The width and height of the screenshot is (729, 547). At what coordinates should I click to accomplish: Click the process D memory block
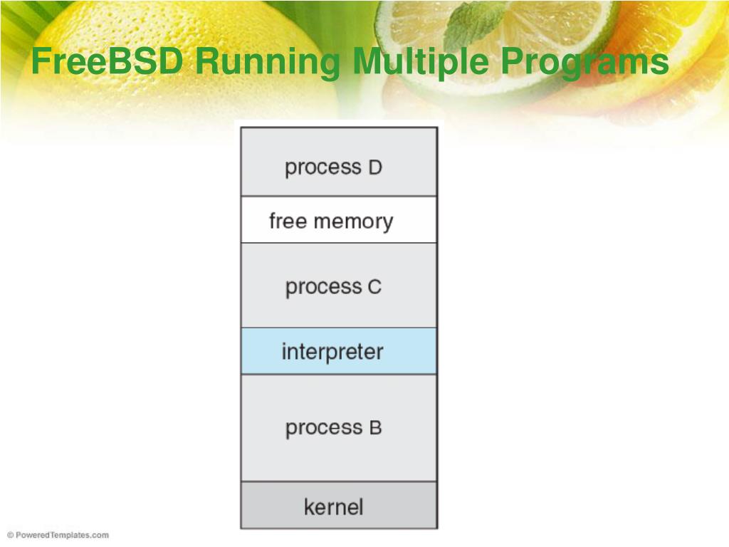[339, 162]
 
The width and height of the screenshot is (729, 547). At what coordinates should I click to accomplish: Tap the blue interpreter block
[339, 351]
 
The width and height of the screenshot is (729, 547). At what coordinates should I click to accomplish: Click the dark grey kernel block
[339, 506]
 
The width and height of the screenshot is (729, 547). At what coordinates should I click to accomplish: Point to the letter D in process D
[375, 168]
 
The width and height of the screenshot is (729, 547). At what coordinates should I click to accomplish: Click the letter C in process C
[374, 288]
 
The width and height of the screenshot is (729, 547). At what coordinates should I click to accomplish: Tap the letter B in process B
[375, 429]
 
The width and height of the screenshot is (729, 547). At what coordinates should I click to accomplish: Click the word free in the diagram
[288, 221]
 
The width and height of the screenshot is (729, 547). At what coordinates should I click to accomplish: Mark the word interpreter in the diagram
[332, 352]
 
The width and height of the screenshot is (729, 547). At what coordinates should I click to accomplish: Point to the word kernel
[333, 507]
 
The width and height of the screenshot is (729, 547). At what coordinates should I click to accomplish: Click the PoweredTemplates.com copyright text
[58, 535]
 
